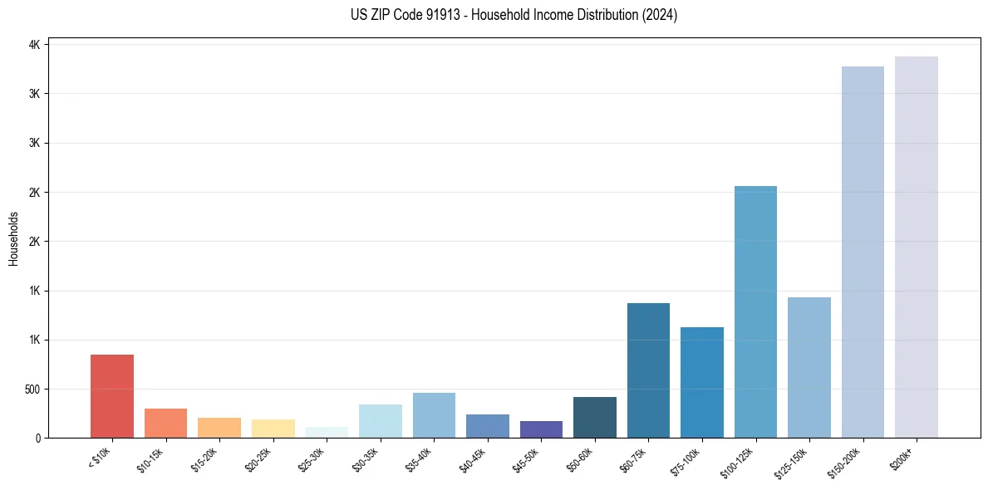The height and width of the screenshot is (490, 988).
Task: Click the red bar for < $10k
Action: coord(112,396)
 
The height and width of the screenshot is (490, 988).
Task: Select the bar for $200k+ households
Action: coord(917,247)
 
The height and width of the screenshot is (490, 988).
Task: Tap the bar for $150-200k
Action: coord(863,252)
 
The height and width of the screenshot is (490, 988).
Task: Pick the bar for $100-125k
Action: coord(755,312)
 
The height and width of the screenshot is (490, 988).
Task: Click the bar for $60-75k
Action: coord(648,370)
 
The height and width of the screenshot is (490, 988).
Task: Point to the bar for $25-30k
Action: coord(327,433)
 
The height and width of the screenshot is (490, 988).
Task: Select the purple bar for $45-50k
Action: coord(541,429)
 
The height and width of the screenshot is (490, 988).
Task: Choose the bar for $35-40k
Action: coord(434,415)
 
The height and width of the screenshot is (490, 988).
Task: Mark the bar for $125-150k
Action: coord(809,368)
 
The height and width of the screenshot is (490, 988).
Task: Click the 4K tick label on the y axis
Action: coord(34,44)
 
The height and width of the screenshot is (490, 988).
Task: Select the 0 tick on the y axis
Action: coord(38,438)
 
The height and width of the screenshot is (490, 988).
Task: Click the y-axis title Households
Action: coord(14,238)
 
